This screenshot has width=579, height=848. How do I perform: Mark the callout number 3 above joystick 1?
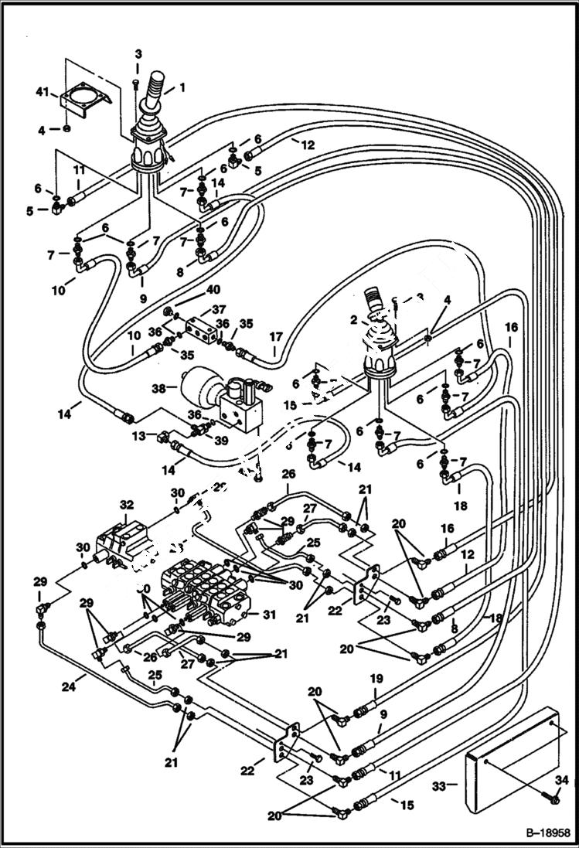click(138, 53)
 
